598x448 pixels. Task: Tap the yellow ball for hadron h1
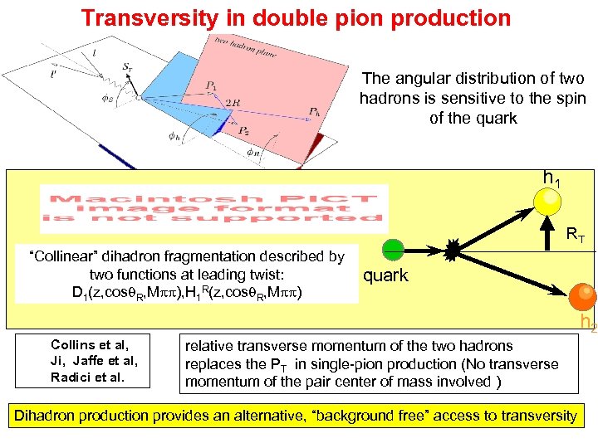tap(547, 200)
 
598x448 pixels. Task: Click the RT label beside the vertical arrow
tap(575, 237)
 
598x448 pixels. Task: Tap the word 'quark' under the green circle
tap(385, 275)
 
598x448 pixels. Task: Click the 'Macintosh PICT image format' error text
tap(213, 208)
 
